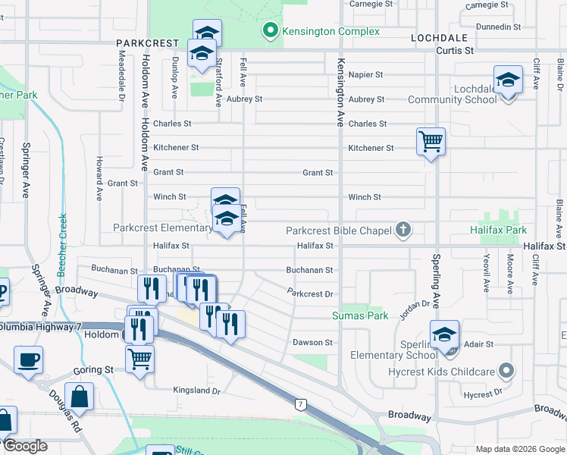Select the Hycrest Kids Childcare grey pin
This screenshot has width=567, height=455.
point(506,372)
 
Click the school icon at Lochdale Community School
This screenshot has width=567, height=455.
point(508,80)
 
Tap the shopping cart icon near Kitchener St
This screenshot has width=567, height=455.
point(431,141)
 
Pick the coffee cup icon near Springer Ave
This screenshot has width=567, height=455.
point(28,359)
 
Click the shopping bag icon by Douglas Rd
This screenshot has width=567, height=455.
point(80,396)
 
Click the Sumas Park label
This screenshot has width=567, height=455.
point(360,315)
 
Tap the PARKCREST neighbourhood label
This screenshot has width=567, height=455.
point(147,44)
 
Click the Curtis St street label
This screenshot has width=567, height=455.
point(455,51)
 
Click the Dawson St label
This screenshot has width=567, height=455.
point(312,343)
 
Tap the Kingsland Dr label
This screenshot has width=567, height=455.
point(196,391)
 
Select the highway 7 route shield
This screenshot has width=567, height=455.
point(301,404)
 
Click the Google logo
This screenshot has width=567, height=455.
point(24,446)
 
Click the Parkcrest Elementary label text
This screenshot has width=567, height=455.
point(163,227)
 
